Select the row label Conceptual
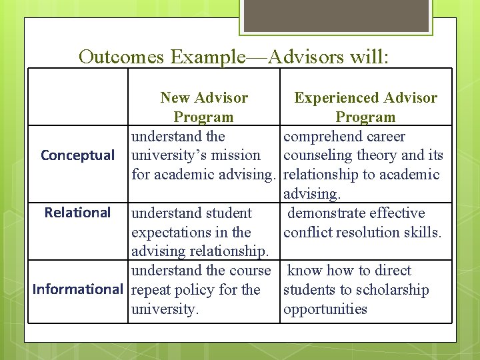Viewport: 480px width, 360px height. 77,155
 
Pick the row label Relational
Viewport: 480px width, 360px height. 77,213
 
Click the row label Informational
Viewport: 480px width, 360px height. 77,289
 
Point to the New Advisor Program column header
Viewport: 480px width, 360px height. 204,107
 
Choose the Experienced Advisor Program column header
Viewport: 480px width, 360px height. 366,107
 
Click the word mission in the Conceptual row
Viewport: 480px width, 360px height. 237,156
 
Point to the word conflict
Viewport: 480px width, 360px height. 305,233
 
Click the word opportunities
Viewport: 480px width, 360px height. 325,309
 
